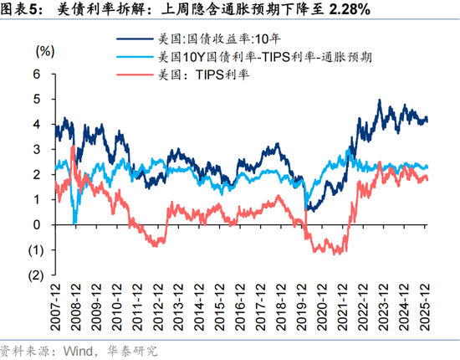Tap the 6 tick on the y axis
(x=36, y=74)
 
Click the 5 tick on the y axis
(x=36, y=99)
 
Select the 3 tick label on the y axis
(x=36, y=149)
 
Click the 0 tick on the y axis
(x=36, y=224)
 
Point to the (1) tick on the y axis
(x=34, y=249)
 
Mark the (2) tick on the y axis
(x=34, y=275)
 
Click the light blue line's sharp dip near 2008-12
(x=74, y=222)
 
